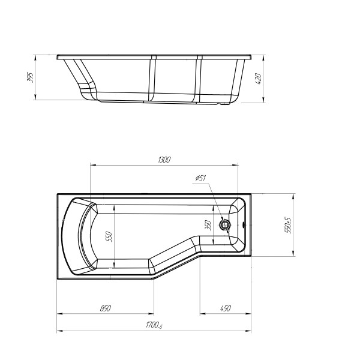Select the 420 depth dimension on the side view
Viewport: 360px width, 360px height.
259,80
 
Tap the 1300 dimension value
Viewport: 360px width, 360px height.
164,160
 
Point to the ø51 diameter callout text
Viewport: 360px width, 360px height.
201,178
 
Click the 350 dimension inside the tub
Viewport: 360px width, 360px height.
208,225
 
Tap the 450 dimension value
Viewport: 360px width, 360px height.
225,309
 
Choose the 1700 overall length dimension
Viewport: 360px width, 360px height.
154,326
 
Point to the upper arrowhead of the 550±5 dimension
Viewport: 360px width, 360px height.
293,196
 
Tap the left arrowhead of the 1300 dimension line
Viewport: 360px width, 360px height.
91,164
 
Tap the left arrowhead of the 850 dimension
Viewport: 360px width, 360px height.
59,313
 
